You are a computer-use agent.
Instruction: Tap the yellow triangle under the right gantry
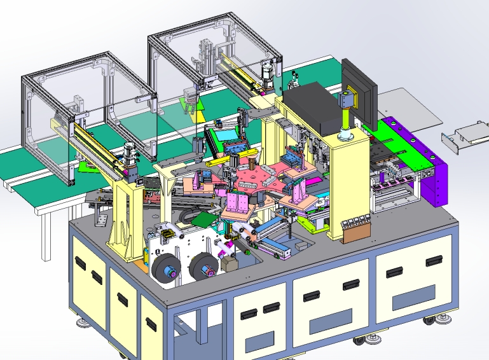200,114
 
